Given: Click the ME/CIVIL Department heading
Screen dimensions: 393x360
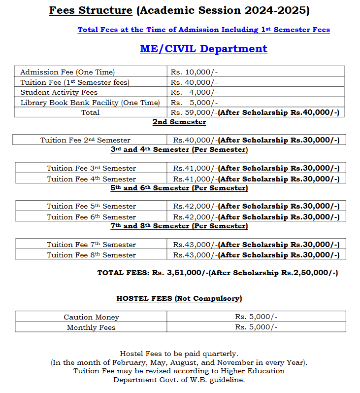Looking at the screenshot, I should pos(203,49).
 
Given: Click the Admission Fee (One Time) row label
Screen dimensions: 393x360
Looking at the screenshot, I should pos(67,72).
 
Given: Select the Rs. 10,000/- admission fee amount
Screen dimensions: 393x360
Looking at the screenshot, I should pos(194,72).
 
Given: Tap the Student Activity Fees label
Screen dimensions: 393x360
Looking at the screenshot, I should pos(59,92).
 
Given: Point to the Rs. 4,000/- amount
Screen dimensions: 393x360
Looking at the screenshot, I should pos(194,92).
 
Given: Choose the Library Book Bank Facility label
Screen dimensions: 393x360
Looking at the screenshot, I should pos(90,103).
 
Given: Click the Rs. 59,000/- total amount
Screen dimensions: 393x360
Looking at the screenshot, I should pos(194,112).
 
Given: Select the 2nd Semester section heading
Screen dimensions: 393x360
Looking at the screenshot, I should pos(179,122).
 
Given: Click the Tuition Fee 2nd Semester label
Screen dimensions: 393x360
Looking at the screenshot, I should pos(85,140).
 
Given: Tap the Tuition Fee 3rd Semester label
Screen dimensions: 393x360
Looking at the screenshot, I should pos(91,168).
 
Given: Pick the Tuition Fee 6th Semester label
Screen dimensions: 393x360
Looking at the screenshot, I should pos(91,217).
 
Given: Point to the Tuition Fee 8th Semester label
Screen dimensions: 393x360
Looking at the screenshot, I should pos(91,255).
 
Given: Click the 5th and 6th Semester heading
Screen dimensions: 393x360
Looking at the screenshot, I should pos(179,188).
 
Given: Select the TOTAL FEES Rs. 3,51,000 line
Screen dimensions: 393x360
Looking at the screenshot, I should pos(217,273).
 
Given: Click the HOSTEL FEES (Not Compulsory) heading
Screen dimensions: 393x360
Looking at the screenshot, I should pos(179,298).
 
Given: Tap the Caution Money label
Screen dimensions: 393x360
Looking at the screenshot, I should pos(91,317).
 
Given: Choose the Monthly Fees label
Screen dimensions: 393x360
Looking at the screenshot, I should pos(91,327).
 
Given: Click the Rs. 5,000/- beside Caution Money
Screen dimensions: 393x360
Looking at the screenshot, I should pos(256,317).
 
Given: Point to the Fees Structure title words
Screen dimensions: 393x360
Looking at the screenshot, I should pos(91,10).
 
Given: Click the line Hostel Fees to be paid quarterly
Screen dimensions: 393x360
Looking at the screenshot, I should pos(179,353).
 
